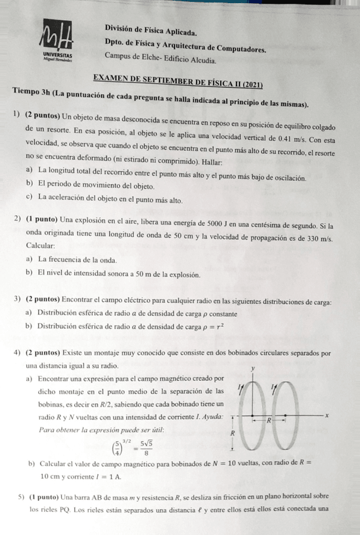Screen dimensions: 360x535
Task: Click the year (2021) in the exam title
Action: [x=251, y=84]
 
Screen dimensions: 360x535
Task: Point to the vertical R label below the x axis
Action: [x=232, y=434]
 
